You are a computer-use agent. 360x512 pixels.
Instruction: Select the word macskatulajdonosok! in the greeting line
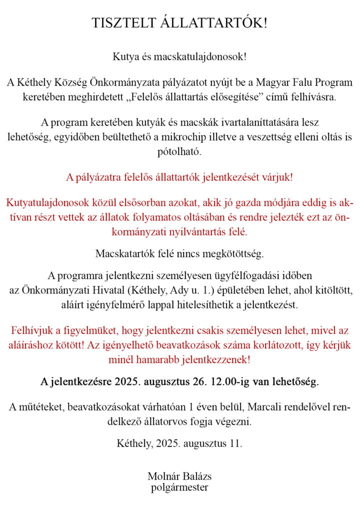(x=204, y=56)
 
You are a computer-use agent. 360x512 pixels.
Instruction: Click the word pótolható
(x=179, y=151)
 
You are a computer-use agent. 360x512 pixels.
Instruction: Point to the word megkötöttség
(x=236, y=254)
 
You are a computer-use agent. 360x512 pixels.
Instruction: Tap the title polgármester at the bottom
(x=179, y=487)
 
